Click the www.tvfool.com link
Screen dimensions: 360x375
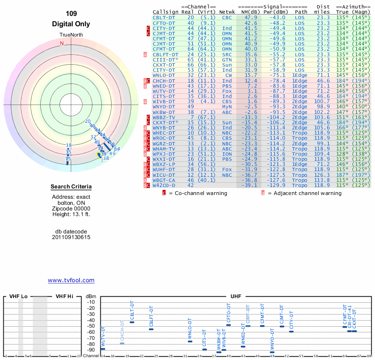tap(71, 280)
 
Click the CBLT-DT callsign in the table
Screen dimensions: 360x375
tap(164, 17)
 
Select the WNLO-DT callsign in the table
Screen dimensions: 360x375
tap(164, 75)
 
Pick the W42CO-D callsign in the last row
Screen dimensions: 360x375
tap(164, 186)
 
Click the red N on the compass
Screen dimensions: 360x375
tap(61, 43)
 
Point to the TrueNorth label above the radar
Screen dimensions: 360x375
tap(71, 36)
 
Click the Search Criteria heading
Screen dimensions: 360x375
tap(71, 187)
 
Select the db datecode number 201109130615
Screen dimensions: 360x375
tap(71, 238)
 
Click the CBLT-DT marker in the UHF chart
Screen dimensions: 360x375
tap(132, 322)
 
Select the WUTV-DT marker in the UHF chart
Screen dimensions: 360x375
tap(103, 349)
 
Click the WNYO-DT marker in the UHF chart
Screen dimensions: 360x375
tap(272, 352)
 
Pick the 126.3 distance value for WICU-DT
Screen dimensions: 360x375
tap(322, 175)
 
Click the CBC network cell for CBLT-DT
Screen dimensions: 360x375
tap(227, 17)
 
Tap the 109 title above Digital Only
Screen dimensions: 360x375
tap(71, 14)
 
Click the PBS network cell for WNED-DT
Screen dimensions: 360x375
tap(227, 86)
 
